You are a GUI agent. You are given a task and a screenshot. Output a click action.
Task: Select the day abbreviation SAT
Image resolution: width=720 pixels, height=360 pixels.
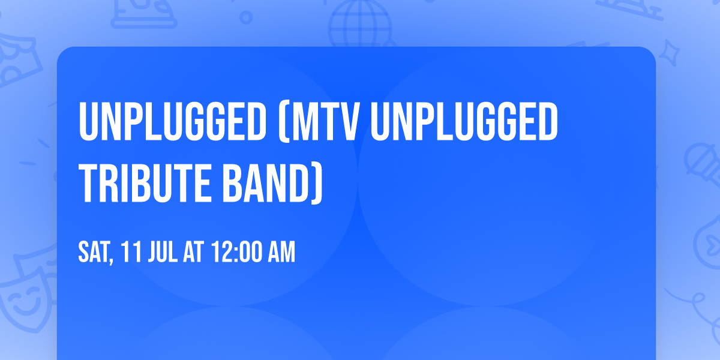click(93, 253)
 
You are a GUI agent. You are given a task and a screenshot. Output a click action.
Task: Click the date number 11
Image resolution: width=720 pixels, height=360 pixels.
click(130, 253)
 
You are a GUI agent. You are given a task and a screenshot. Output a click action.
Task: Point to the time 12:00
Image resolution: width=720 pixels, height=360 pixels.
click(235, 253)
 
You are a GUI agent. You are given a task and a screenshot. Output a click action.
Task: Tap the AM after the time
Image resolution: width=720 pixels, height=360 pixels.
click(281, 253)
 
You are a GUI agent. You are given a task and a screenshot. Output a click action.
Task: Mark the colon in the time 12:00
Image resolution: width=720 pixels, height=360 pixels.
click(231, 253)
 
